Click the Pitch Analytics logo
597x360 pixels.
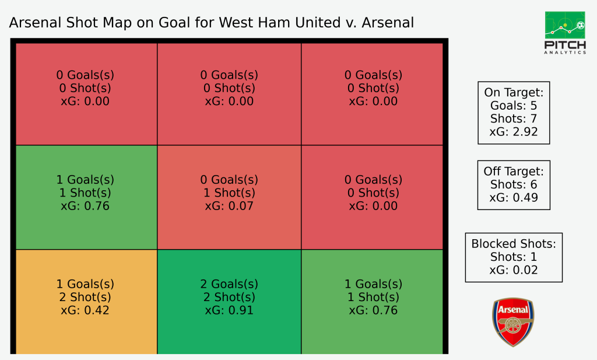565,33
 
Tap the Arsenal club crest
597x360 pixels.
513,322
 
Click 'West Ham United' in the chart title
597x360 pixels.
280,23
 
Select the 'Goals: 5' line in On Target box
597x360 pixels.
514,106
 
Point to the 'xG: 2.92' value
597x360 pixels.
514,132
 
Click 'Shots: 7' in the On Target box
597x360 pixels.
514,119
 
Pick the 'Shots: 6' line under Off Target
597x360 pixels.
514,184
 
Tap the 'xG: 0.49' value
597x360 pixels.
514,198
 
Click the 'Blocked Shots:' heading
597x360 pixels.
514,244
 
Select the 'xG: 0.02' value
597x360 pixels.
514,270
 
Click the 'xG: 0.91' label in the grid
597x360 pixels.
229,310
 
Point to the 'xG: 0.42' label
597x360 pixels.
85,310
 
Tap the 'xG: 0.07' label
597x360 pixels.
229,206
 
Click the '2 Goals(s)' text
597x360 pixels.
229,284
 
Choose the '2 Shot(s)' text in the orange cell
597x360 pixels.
85,297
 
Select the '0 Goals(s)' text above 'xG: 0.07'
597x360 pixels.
229,180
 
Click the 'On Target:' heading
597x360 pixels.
514,93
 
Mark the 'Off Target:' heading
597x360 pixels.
514,172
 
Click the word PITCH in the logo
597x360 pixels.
565,45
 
